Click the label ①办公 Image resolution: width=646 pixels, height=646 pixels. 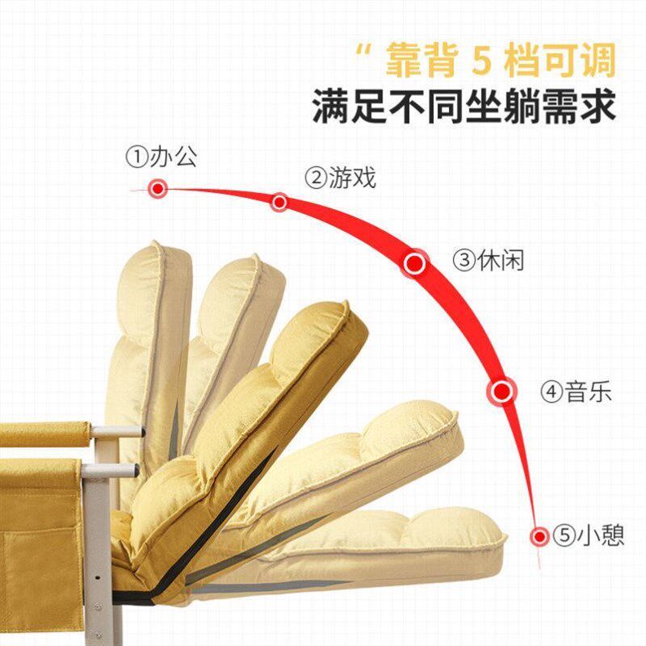point(161,156)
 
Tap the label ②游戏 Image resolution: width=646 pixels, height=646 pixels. point(340,178)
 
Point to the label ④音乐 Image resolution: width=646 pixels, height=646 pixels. point(576,392)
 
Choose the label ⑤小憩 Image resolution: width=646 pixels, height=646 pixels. point(589,535)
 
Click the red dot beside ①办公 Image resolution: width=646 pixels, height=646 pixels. point(157,189)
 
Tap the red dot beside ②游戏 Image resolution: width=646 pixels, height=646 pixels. point(279,202)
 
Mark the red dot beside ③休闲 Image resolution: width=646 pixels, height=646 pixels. point(415,262)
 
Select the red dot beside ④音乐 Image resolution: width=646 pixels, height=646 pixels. point(502,392)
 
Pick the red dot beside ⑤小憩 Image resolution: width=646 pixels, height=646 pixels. point(539,535)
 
